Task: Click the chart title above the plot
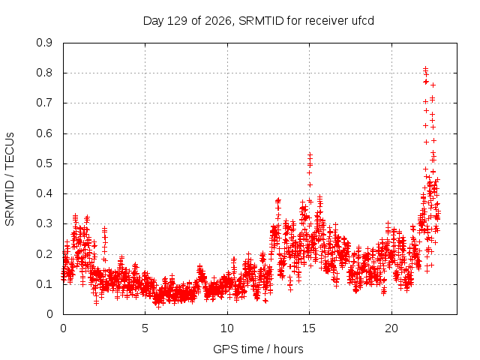[259, 21]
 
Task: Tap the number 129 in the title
[178, 21]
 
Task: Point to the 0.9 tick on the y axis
[44, 43]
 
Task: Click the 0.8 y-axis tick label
[44, 73]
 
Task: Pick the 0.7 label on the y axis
[44, 103]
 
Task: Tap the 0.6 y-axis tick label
[44, 133]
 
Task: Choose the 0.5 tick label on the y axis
[44, 163]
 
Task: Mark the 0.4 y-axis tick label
[44, 193]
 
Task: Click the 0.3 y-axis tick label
[44, 223]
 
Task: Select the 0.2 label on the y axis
[44, 253]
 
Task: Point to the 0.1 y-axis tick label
[44, 284]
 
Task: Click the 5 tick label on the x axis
[145, 328]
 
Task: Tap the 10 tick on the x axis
[227, 328]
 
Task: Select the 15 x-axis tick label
[309, 328]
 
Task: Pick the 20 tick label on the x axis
[391, 328]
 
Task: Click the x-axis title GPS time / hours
[258, 349]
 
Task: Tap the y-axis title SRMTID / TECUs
[10, 179]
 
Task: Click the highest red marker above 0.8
[425, 68]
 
